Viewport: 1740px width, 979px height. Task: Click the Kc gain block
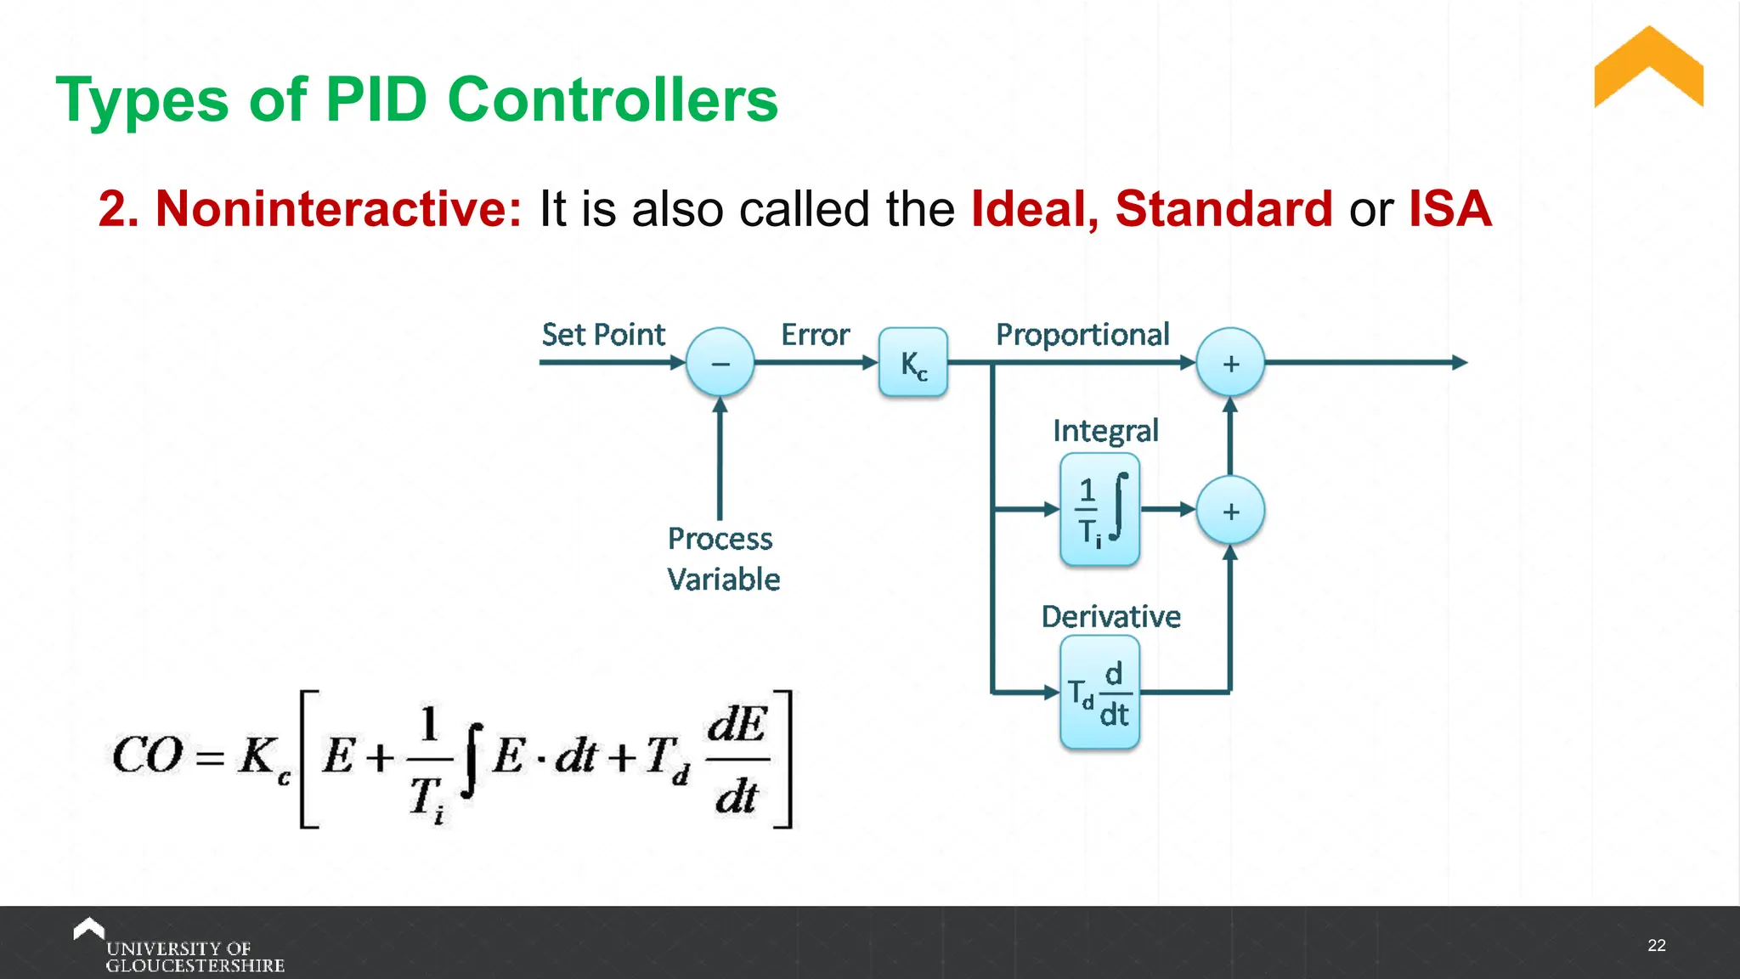pos(912,363)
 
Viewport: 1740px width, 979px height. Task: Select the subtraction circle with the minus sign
pos(720,363)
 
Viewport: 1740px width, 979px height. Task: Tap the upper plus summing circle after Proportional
pos(1230,363)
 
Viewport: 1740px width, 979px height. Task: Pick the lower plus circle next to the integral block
pos(1230,511)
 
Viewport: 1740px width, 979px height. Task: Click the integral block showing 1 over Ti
pos(1099,510)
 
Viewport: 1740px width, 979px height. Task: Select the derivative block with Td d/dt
pos(1099,693)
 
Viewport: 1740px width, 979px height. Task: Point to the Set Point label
pos(603,335)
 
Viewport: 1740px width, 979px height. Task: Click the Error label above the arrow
pos(815,335)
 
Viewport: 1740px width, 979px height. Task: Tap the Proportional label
pos(1082,335)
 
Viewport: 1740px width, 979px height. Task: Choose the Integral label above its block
pos(1105,431)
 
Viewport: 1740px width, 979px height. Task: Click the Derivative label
pos(1110,616)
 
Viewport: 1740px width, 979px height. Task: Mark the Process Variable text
pos(722,559)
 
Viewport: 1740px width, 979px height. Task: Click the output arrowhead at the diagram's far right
pos(1460,363)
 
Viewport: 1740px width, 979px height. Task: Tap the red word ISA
pos(1449,209)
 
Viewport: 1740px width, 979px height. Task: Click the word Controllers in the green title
pos(612,100)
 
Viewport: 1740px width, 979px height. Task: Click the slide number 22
pos(1656,946)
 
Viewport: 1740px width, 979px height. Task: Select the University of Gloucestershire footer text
pos(194,957)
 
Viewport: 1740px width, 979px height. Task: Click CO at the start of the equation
pos(147,755)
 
